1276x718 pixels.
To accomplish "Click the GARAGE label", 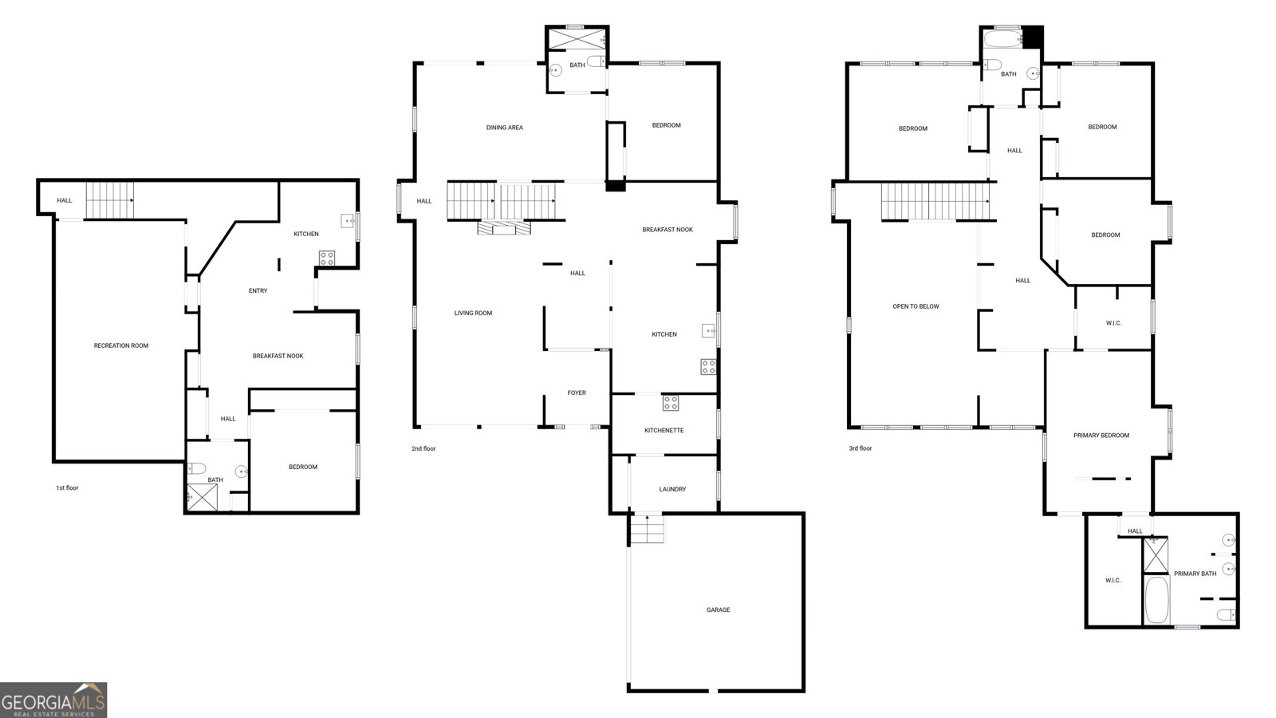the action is (718, 610).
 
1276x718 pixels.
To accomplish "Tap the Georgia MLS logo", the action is (53, 700).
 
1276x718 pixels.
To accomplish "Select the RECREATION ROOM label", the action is (120, 346).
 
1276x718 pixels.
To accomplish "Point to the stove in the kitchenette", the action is (671, 403).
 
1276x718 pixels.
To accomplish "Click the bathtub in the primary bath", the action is (1156, 600).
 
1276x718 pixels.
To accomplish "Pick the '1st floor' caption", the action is (67, 487).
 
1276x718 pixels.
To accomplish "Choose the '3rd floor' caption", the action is (861, 448).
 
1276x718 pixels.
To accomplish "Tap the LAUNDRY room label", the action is (672, 490).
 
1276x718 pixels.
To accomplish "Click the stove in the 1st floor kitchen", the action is (326, 258).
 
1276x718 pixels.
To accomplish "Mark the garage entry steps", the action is (647, 528).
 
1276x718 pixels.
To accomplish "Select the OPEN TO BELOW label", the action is (916, 306).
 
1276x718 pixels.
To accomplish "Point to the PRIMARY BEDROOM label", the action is (1101, 436).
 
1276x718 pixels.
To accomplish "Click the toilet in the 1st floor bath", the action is (197, 468).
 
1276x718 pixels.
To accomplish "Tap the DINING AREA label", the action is (504, 128).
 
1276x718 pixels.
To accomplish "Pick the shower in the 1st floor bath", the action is (203, 498).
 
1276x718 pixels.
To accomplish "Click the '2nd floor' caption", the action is (423, 449).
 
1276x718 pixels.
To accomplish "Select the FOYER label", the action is (577, 393).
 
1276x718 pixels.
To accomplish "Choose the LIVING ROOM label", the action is (473, 314).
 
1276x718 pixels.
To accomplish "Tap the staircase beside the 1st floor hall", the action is (110, 200).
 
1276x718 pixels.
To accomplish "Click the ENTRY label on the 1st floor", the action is (258, 291).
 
